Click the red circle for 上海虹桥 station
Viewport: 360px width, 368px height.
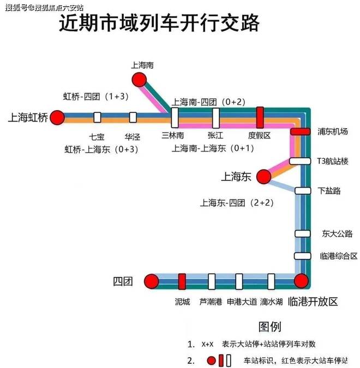57,118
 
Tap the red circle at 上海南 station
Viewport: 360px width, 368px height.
139,80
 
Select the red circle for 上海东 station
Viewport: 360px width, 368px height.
263,177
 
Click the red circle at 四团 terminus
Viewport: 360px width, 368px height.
152,281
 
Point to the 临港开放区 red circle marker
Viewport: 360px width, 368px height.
301,281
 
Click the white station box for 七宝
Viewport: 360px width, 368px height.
97,117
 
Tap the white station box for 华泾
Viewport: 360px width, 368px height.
133,117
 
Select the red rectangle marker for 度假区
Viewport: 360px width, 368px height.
260,118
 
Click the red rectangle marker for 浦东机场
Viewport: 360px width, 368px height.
301,131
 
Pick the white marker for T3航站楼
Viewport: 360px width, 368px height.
300,161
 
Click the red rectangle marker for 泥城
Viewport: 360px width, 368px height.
182,281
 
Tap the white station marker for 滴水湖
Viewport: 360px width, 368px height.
271,281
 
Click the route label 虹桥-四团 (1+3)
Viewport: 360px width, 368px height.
96,96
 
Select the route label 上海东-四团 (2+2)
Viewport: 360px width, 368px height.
237,203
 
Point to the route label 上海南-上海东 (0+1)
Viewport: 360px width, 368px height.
213,148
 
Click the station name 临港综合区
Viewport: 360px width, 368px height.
339,256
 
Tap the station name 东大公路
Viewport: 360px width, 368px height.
337,233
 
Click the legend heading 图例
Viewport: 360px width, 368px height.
270,327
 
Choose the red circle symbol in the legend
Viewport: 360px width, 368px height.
212,360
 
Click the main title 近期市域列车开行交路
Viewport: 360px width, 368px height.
159,23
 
